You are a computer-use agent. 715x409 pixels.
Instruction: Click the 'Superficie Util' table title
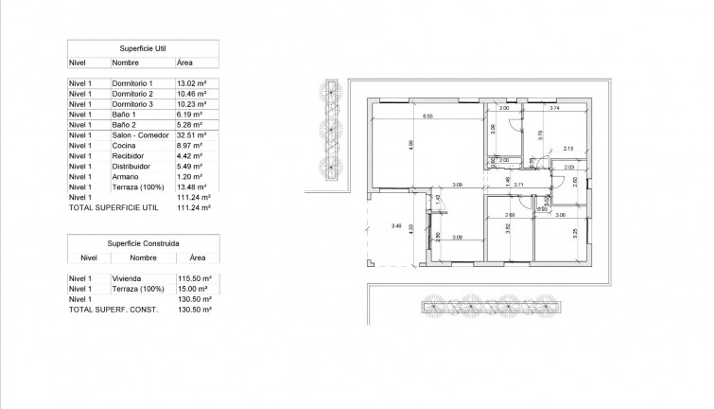(142, 45)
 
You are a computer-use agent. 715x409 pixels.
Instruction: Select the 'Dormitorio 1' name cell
(132, 84)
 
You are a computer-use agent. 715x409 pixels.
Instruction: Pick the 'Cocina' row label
(124, 146)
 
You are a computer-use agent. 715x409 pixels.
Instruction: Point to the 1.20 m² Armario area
(188, 176)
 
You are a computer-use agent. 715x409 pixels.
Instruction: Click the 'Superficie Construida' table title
(142, 241)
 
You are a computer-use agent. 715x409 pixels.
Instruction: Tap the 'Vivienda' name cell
(128, 279)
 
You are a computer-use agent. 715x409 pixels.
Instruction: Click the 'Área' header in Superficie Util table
(185, 62)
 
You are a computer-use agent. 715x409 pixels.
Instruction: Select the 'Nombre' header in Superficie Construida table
(143, 257)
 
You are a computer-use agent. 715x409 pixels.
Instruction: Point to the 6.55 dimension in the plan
(427, 116)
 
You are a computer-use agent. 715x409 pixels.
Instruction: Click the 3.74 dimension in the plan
(555, 110)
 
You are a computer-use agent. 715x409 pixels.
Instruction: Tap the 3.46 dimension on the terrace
(396, 225)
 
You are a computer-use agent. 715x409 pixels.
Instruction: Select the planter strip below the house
(491, 306)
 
